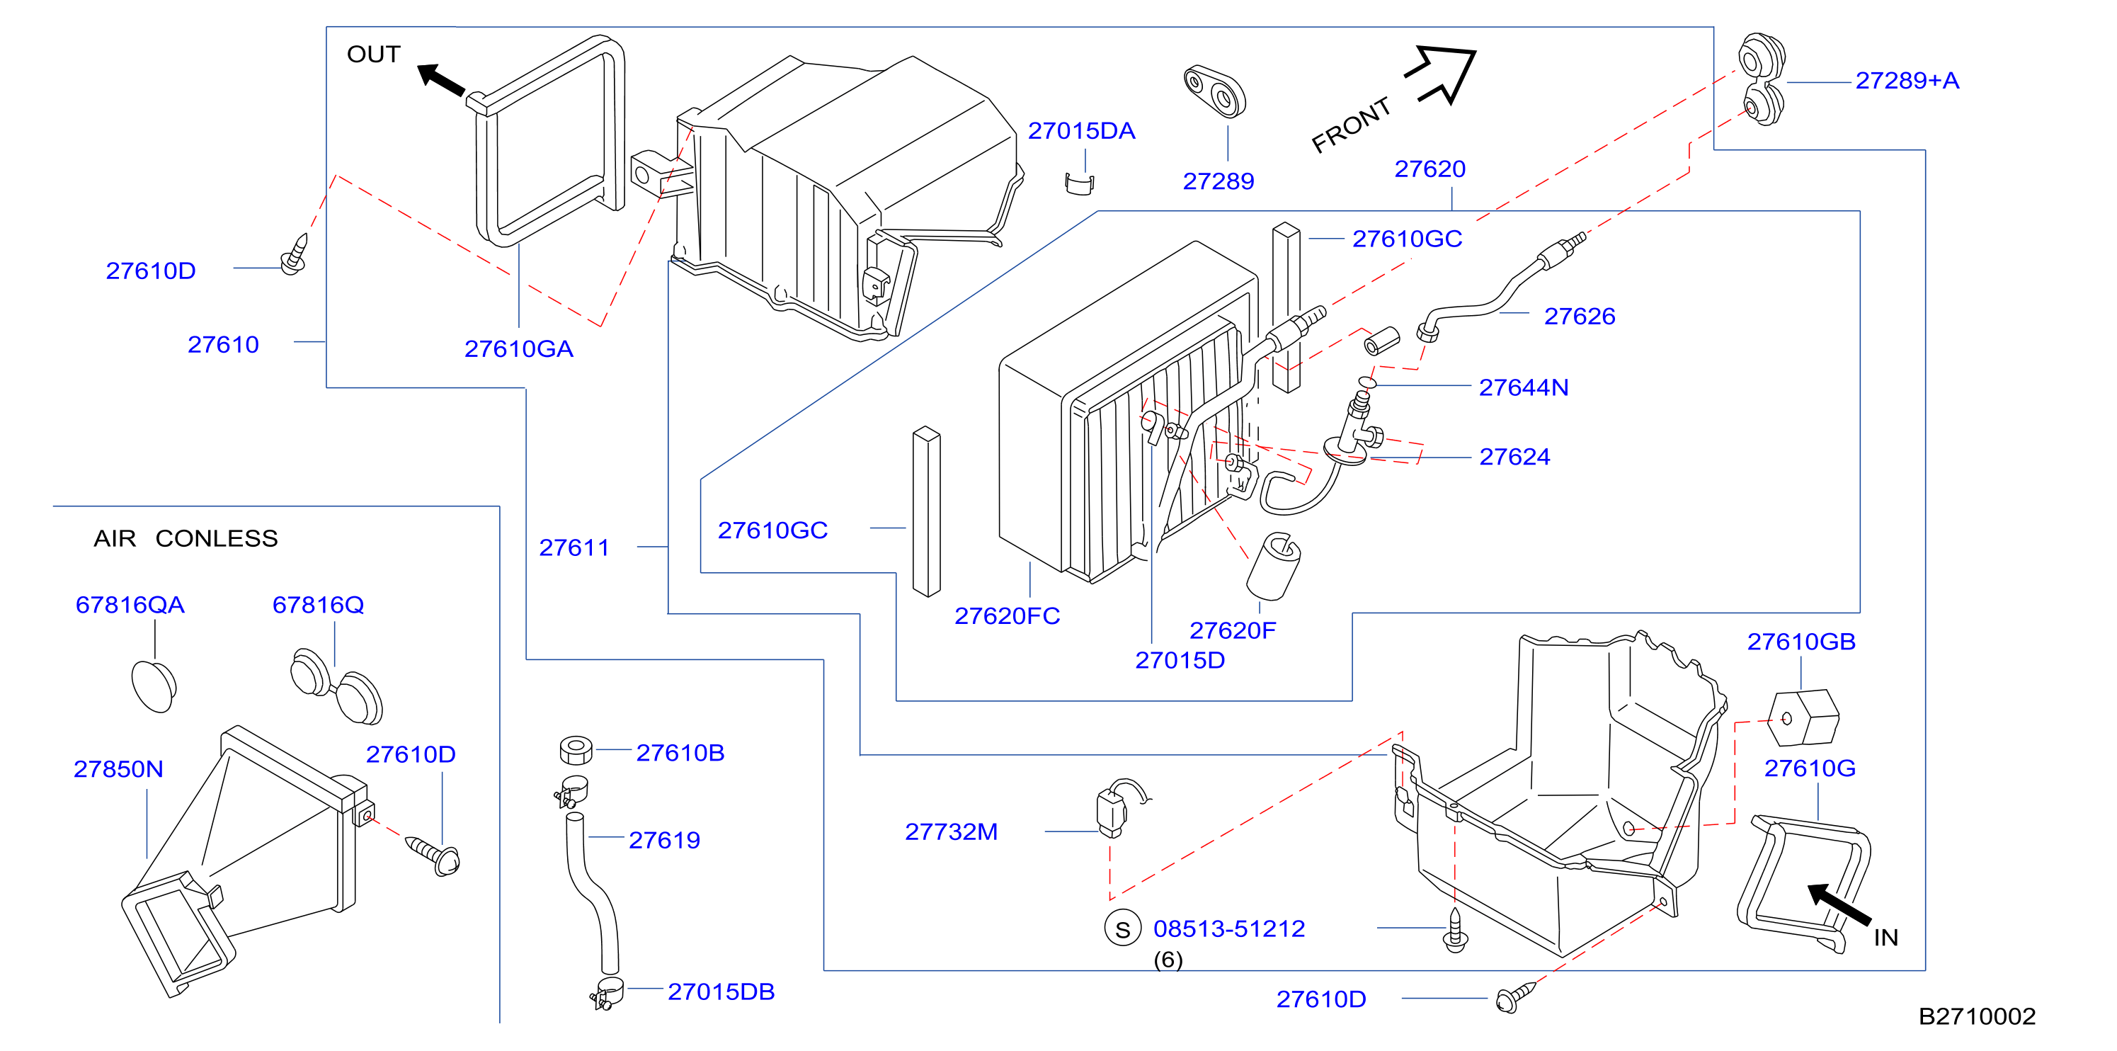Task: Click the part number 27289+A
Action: [x=1907, y=81]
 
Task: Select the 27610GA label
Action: [x=518, y=349]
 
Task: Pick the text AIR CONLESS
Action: [x=186, y=539]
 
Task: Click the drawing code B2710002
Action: [x=1977, y=1016]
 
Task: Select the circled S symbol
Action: [x=1123, y=928]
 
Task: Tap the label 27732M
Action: [x=951, y=831]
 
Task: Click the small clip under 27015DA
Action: [x=1079, y=184]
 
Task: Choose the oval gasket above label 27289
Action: [x=1215, y=91]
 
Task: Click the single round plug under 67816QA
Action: [x=154, y=686]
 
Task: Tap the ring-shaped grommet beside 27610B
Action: [x=575, y=750]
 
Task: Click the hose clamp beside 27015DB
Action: [x=607, y=994]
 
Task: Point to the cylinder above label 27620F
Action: [x=1273, y=566]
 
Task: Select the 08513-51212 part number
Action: [x=1229, y=928]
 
